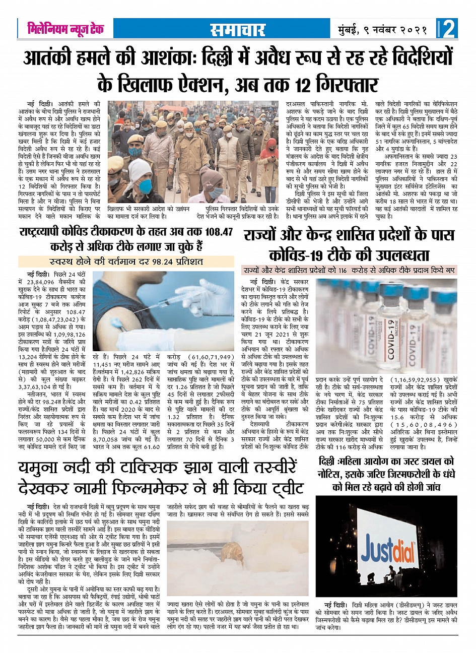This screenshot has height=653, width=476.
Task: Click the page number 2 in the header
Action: (448, 28)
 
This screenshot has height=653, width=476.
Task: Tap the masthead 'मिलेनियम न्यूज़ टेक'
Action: (65, 29)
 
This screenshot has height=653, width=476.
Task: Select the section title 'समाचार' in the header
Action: (237, 29)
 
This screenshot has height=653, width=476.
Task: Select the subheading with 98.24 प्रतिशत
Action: (126, 262)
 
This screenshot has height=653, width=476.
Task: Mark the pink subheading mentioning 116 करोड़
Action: (348, 270)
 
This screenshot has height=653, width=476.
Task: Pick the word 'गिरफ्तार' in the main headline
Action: (347, 83)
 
